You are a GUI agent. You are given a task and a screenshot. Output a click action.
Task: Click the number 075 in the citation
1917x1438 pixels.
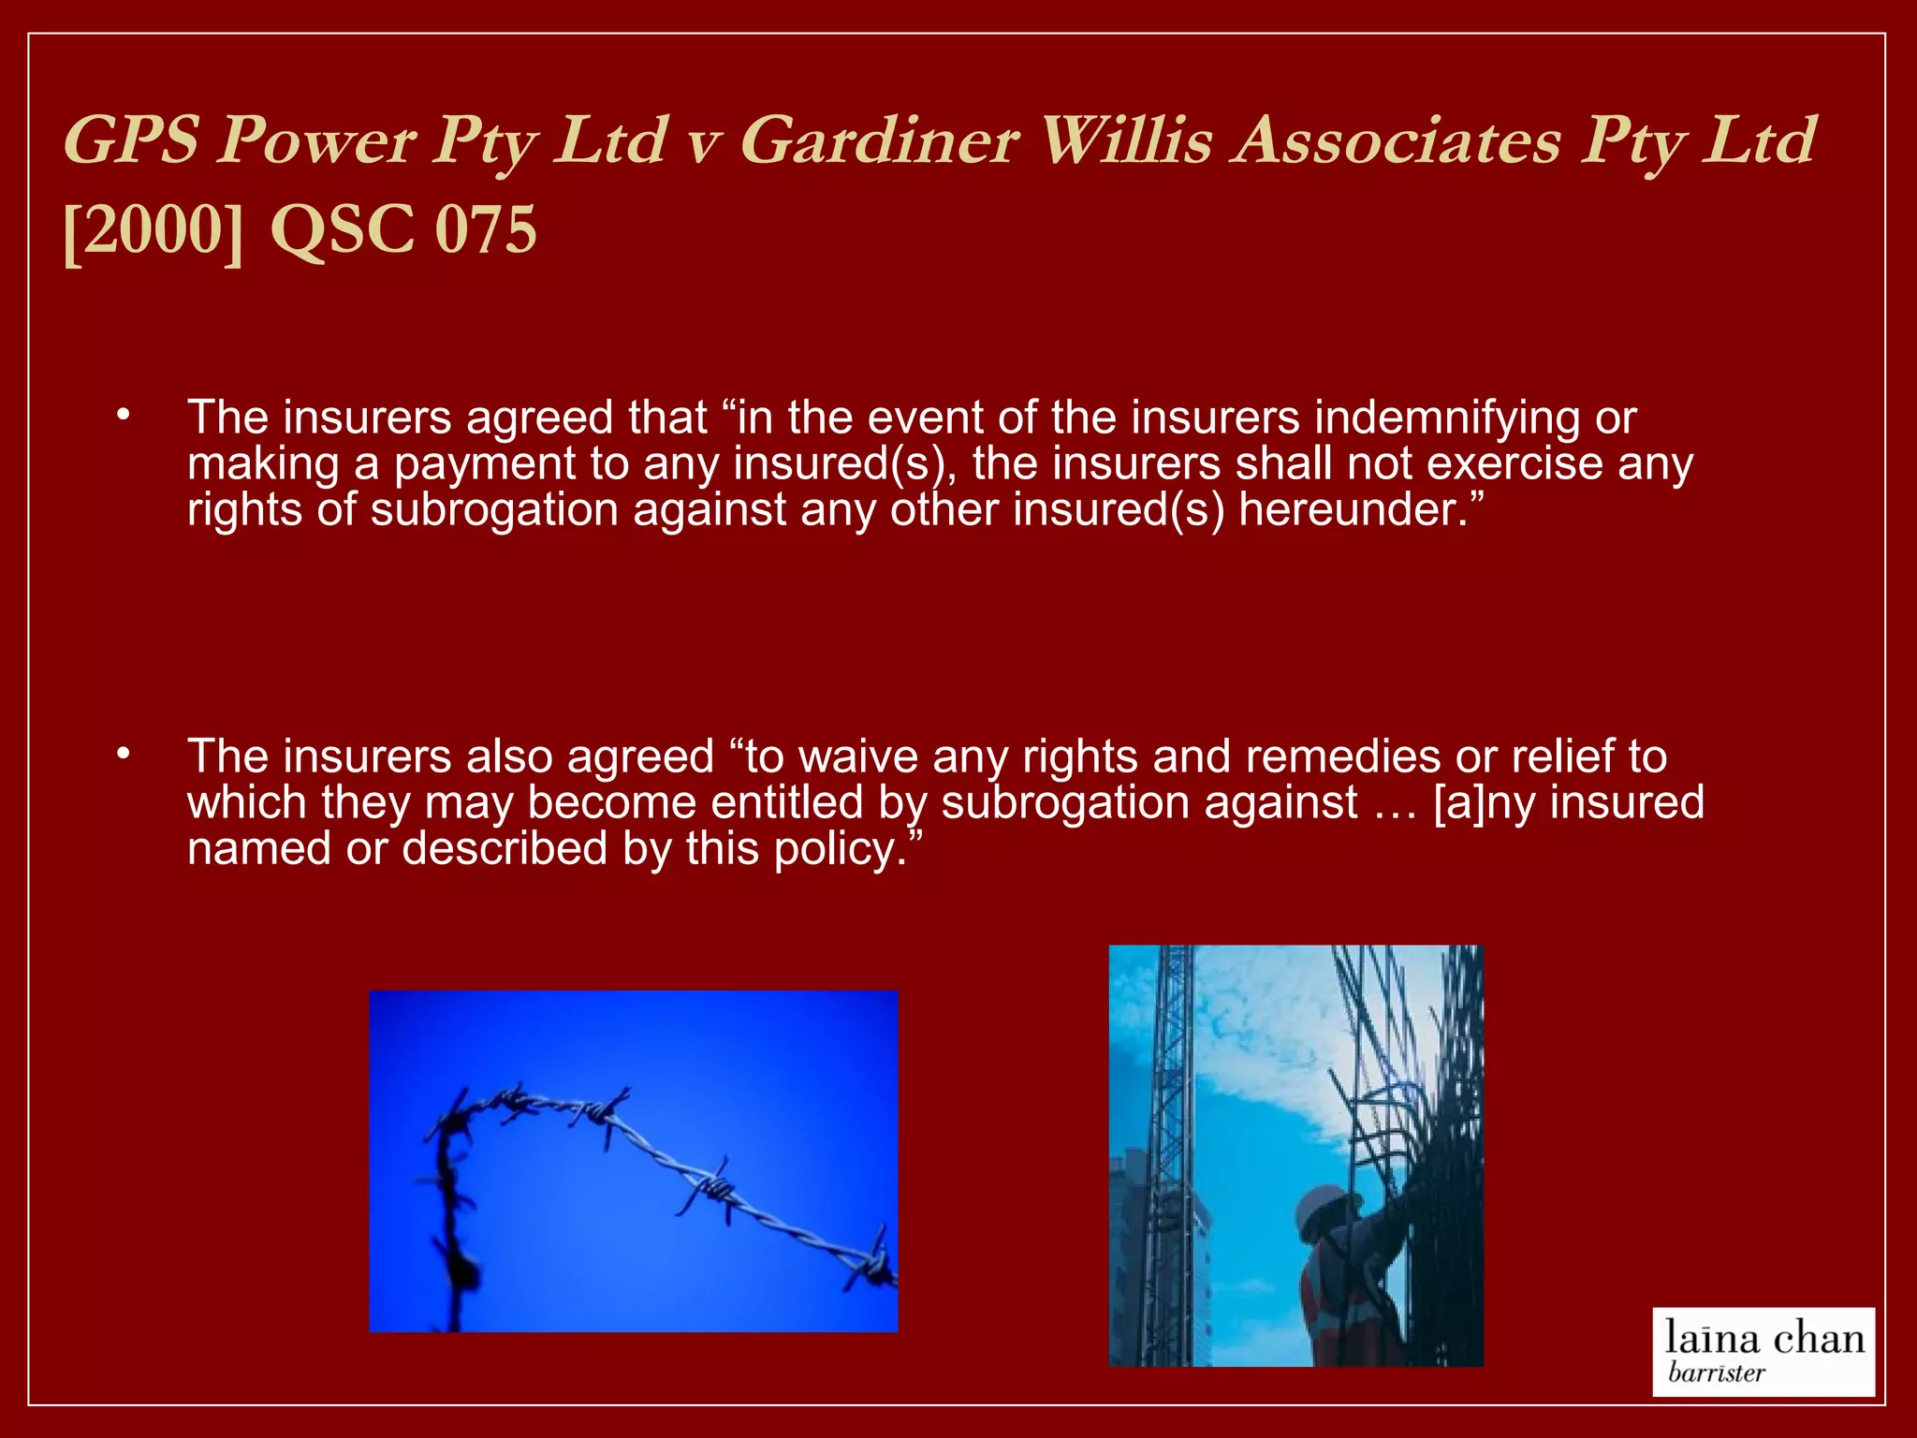(486, 230)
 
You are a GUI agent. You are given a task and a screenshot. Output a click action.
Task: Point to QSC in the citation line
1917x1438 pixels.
(343, 230)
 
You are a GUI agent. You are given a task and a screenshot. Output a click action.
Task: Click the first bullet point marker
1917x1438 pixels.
(123, 415)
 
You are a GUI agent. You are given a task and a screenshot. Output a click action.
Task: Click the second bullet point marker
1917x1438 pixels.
(123, 754)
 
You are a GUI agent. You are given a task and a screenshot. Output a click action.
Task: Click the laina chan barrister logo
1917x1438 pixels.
(1763, 1351)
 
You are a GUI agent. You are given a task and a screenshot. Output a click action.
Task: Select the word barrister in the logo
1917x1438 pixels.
(1716, 1373)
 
